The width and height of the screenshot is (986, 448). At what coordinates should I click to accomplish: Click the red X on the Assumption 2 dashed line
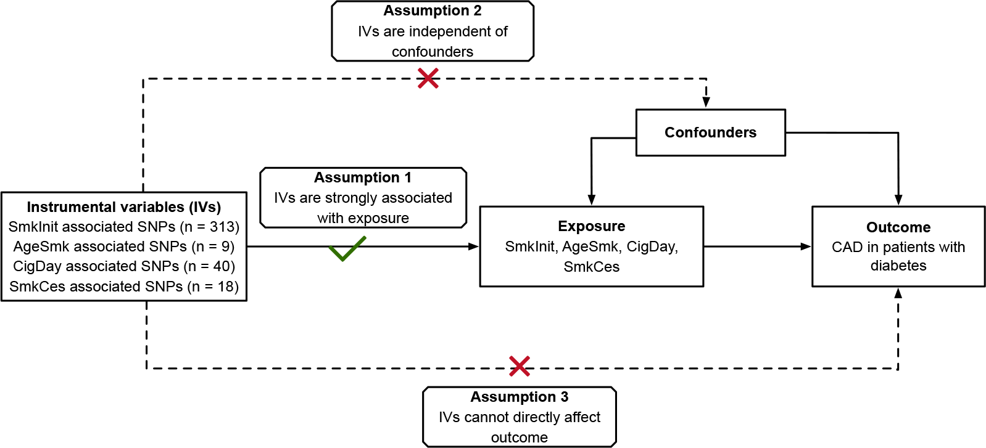click(428, 78)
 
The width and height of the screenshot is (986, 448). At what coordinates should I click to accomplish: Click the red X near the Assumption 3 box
click(520, 366)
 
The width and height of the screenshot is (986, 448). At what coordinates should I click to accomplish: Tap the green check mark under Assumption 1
click(347, 249)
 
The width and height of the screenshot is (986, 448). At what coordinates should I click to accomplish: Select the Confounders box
click(710, 132)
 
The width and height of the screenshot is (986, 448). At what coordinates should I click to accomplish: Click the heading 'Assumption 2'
click(432, 10)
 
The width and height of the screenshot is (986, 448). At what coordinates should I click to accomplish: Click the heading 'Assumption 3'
click(519, 397)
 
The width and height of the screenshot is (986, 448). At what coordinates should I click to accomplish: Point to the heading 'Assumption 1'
click(362, 177)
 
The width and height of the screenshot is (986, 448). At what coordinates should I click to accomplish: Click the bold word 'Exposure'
click(591, 226)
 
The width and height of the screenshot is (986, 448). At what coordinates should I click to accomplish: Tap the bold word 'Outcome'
click(898, 227)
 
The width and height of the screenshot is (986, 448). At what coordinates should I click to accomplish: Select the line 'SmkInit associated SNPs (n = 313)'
click(123, 227)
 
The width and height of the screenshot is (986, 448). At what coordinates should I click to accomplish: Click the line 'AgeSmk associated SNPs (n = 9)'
click(123, 246)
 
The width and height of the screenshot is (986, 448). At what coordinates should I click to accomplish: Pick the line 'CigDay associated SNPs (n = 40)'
click(123, 266)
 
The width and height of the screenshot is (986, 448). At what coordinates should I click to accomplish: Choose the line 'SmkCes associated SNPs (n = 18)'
click(123, 287)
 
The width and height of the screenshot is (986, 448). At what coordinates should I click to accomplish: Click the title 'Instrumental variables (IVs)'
click(123, 207)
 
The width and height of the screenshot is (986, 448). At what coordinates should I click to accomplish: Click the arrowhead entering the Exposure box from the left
click(474, 246)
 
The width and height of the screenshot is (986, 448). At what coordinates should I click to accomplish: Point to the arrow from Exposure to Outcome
click(757, 246)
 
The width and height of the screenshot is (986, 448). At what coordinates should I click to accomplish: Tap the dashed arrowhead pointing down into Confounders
click(706, 102)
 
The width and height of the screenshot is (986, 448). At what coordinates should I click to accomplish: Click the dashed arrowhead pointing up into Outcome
click(898, 293)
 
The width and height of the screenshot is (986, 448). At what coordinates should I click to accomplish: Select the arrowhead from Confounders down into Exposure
click(591, 200)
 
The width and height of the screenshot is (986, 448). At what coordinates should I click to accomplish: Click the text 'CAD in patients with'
click(898, 247)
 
